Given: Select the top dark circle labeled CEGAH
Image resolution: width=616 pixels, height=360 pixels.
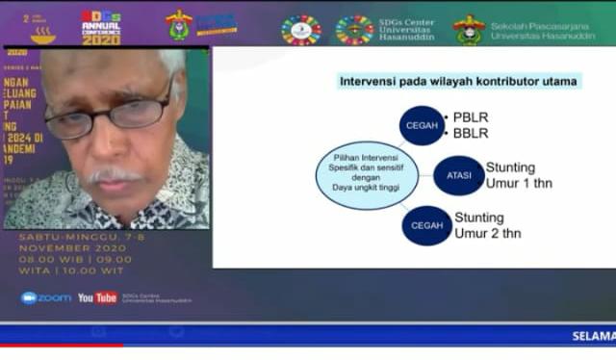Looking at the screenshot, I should click(x=423, y=125).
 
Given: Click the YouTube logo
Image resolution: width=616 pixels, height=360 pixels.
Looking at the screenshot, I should click(x=97, y=298).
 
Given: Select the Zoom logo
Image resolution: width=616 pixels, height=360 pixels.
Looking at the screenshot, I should click(x=46, y=298).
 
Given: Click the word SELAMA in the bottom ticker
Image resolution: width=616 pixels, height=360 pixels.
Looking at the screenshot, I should click(x=593, y=336).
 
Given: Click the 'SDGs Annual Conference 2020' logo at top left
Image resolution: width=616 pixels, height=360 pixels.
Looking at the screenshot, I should click(x=101, y=26).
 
